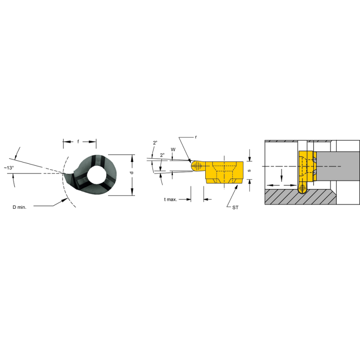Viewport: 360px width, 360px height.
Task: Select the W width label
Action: click(x=172, y=149)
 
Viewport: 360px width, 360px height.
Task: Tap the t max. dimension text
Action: click(x=171, y=199)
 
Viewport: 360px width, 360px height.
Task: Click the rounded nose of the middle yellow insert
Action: click(x=195, y=166)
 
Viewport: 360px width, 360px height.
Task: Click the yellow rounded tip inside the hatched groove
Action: click(x=302, y=188)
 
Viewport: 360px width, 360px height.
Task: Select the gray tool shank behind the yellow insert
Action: click(x=337, y=166)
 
